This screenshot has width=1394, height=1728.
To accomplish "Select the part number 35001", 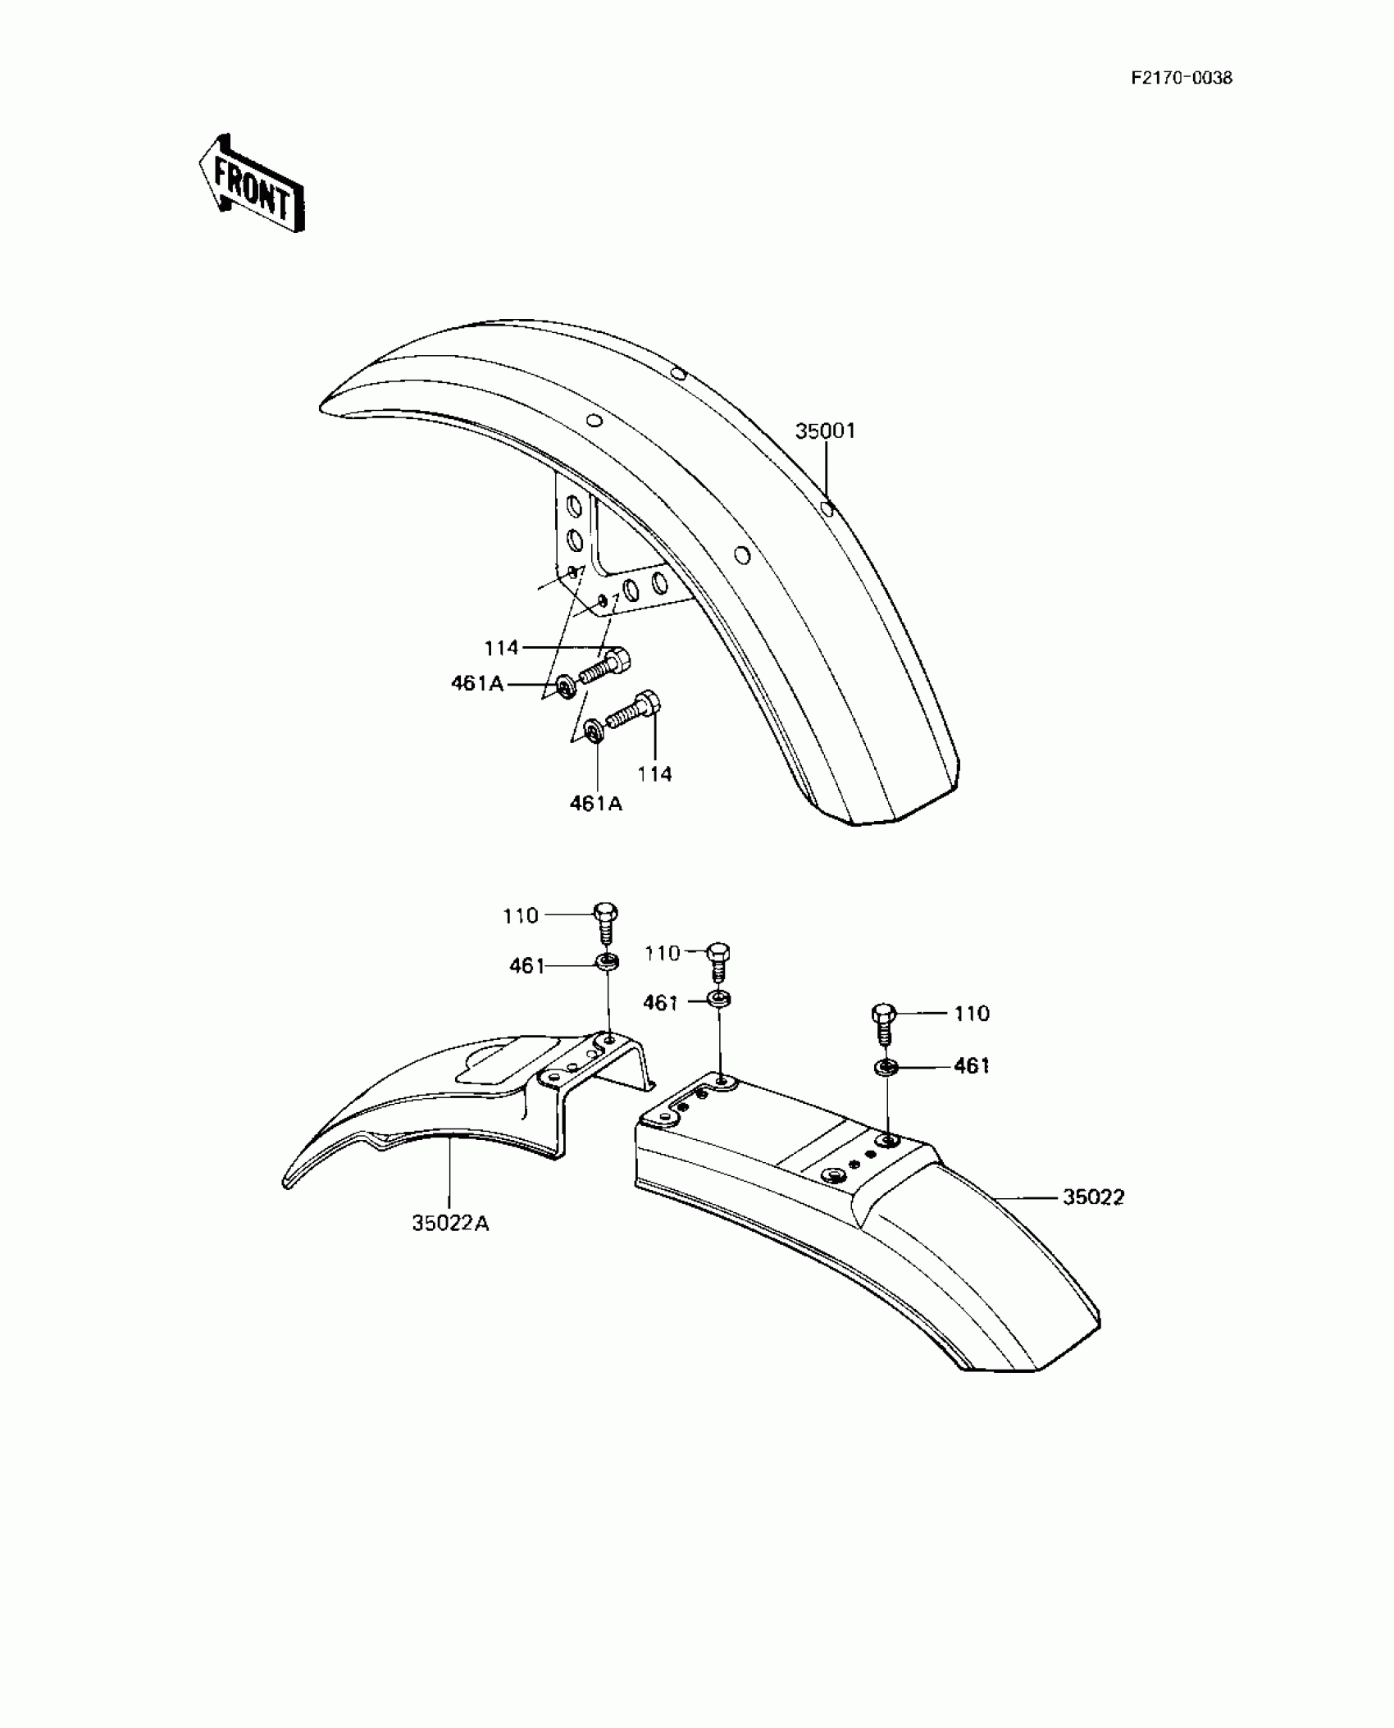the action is [825, 431].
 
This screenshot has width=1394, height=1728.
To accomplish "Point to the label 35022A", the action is [450, 1246].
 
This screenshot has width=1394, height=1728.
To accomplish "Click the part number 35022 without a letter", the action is [1093, 1197].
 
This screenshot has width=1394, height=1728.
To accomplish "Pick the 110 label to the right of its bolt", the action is [972, 1014].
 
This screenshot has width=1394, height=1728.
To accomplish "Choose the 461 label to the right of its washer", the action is [972, 1065].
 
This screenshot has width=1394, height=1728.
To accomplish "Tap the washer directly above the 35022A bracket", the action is [608, 962].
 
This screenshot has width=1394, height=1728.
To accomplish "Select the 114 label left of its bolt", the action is [501, 648].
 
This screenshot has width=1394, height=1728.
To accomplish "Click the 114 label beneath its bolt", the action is [654, 773].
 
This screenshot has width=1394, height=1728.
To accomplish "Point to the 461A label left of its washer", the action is [477, 683].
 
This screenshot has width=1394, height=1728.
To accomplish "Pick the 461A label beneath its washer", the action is [596, 804].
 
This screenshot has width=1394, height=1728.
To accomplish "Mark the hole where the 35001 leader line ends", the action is [828, 510].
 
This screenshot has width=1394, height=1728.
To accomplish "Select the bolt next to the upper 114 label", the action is [606, 665].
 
